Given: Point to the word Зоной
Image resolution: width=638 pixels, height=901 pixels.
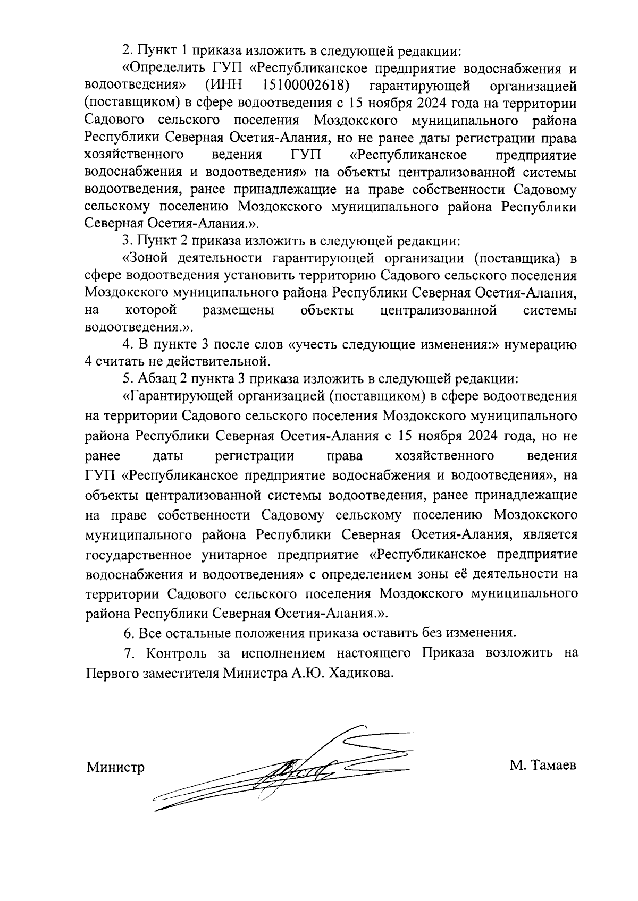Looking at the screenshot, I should click(143, 258).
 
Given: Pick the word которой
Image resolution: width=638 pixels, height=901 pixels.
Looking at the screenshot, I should click(152, 310).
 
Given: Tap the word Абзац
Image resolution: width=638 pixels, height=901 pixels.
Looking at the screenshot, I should click(155, 379).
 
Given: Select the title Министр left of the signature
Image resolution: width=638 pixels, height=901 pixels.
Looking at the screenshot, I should click(115, 768).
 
